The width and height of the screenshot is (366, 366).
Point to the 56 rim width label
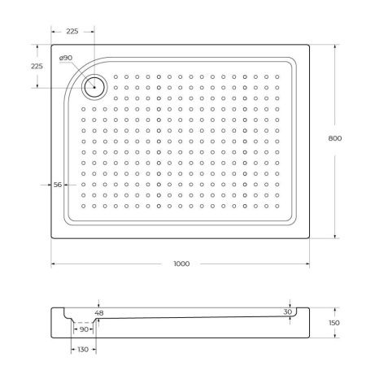coord(58,185)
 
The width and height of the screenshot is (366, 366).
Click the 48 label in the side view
coord(99,313)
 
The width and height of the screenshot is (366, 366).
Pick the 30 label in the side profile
coord(287,312)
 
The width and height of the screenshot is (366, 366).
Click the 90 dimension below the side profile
coord(84,330)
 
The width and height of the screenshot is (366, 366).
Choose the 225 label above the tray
coord(72,33)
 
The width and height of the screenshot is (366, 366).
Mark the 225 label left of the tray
coord(37,66)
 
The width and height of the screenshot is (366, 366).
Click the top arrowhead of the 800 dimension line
coord(335,46)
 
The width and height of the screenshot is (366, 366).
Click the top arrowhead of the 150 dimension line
coord(335,309)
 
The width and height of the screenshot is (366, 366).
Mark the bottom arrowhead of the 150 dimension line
coord(335,338)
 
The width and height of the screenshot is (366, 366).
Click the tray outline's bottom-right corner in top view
coord(307,238)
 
